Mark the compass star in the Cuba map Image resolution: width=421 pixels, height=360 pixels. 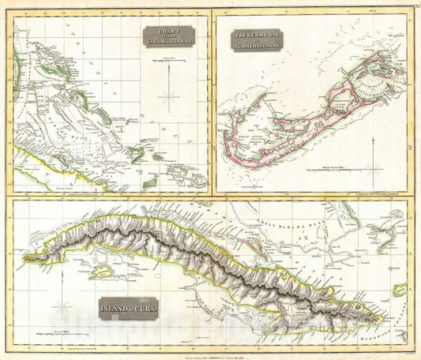(63, 306)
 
